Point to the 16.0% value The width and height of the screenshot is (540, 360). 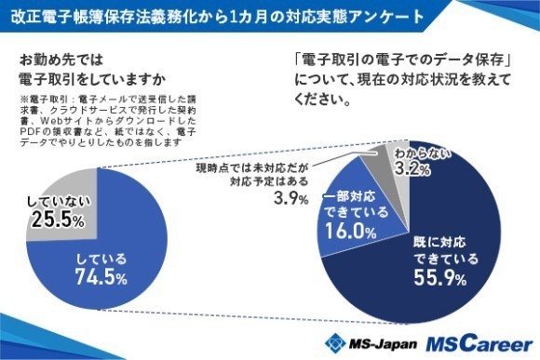point(351,233)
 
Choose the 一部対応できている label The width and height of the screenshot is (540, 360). point(351,207)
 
